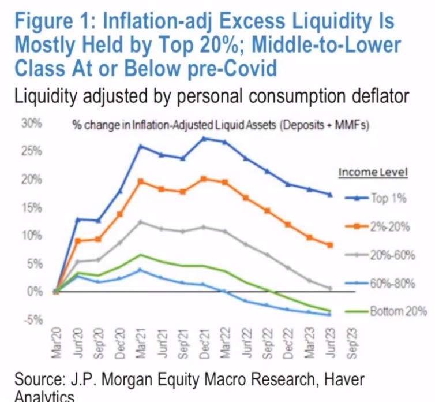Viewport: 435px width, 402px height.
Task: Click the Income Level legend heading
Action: click(373, 172)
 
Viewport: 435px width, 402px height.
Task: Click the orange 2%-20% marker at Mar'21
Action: click(140, 181)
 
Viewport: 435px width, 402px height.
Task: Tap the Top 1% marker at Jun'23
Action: click(330, 195)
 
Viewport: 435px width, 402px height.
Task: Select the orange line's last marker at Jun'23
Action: click(330, 245)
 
